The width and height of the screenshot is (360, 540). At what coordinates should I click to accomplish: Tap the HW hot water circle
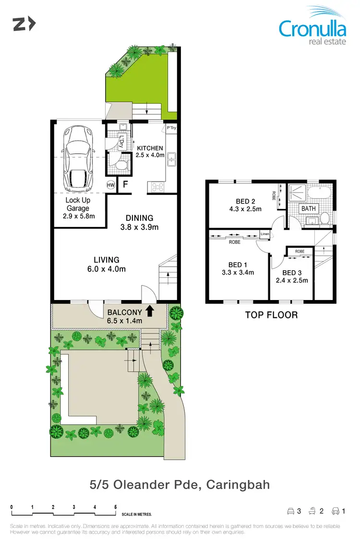coord(111,185)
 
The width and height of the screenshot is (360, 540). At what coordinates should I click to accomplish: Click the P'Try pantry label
coord(171,129)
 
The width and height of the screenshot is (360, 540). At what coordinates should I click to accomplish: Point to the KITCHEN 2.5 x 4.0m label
coord(150,152)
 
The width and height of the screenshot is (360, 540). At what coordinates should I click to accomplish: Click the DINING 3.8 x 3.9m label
coord(140,222)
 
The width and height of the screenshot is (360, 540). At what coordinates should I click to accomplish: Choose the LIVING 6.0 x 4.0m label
coord(107,264)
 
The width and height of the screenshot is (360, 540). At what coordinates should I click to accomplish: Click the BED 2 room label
coord(245,205)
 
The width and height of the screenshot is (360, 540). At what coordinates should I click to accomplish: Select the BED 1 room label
coord(238,268)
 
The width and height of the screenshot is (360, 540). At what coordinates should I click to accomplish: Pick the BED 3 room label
coord(292,276)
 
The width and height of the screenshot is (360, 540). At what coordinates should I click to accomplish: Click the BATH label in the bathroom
coord(308,209)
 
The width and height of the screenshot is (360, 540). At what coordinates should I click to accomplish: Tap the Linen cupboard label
coord(264,234)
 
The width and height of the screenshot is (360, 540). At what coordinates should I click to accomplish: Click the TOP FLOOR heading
coord(271,315)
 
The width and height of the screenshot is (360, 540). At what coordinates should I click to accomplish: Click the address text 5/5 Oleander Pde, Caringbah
coord(180,484)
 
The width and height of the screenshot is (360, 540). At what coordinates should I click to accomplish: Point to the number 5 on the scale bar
coord(115,506)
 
